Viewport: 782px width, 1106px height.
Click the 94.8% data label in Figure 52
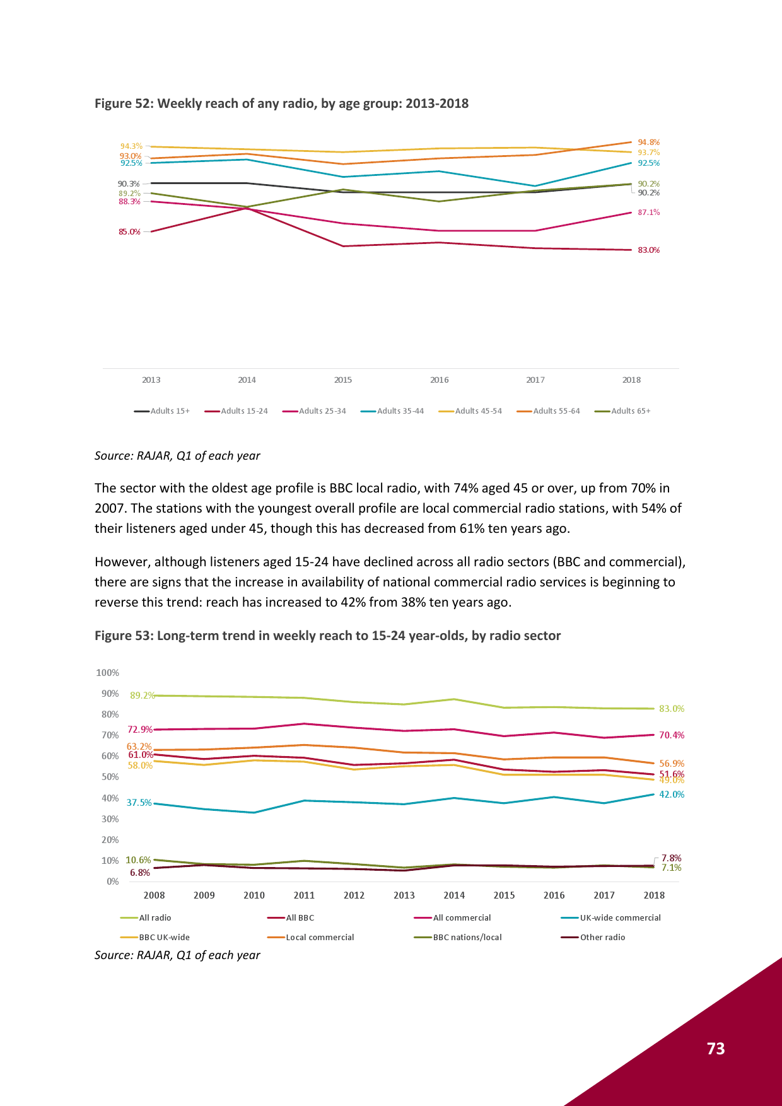[x=648, y=143]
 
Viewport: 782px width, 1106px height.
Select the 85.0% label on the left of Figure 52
[x=129, y=232]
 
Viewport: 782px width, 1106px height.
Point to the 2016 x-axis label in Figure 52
[x=439, y=380]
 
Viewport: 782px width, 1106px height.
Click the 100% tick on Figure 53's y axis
[x=107, y=673]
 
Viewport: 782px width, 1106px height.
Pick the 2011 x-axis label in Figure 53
[x=304, y=895]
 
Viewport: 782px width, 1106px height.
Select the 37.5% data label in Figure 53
[x=139, y=803]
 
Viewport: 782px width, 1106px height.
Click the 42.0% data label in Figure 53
[x=672, y=795]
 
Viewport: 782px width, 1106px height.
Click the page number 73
[x=716, y=1049]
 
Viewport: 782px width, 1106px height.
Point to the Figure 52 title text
[x=281, y=103]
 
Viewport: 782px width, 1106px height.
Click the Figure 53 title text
[x=327, y=636]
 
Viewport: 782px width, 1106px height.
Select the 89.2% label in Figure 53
[x=143, y=696]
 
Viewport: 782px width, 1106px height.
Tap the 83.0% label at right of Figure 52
[x=648, y=250]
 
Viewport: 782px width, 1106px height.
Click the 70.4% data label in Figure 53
[x=672, y=735]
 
